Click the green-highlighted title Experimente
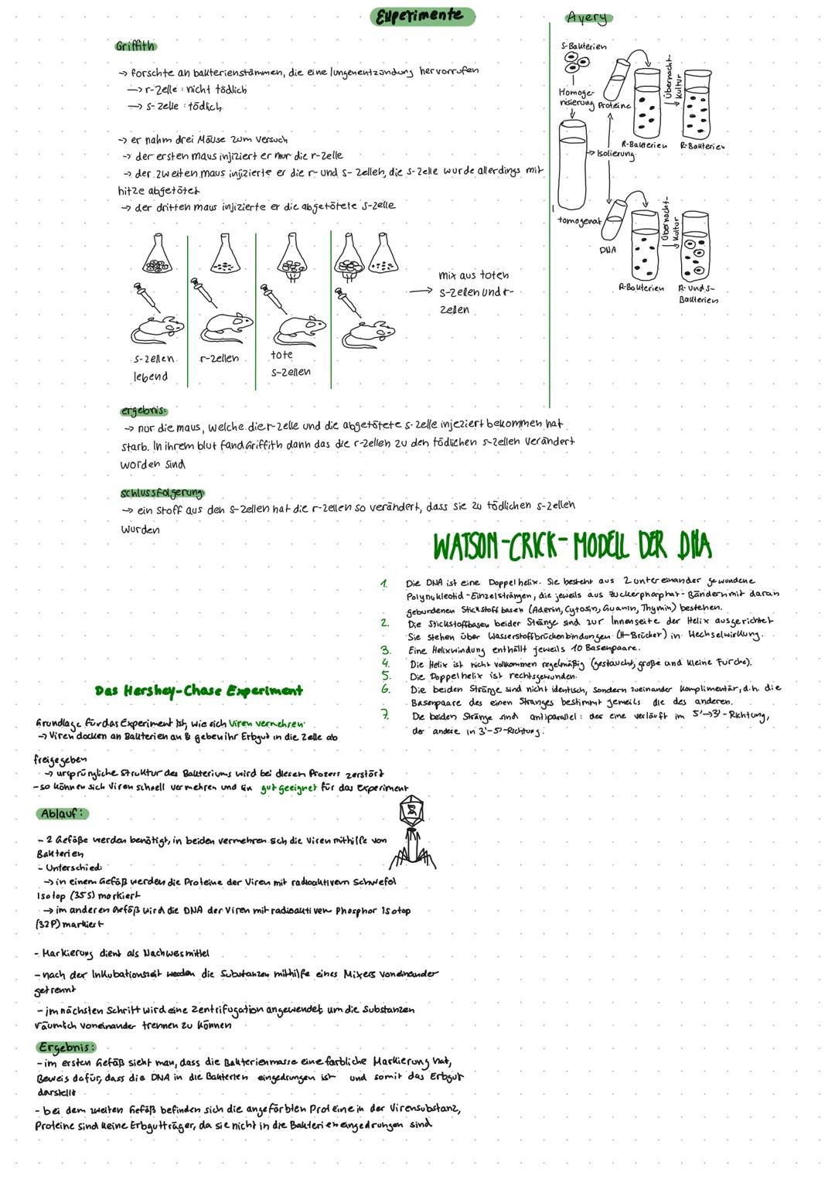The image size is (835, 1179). [x=421, y=15]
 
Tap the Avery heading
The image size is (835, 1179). [x=587, y=17]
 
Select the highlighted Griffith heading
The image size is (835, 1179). [x=135, y=46]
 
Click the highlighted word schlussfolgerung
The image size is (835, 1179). [x=162, y=492]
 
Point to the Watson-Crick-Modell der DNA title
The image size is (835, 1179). [x=572, y=547]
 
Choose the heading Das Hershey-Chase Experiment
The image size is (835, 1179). [x=199, y=690]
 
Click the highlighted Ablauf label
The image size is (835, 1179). [x=63, y=813]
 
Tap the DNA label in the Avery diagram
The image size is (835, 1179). [x=608, y=250]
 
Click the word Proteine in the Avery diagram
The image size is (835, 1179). [x=614, y=106]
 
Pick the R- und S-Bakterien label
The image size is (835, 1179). [x=697, y=293]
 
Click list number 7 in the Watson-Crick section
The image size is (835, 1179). [x=384, y=715]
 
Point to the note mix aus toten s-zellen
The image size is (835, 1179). [x=474, y=292]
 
